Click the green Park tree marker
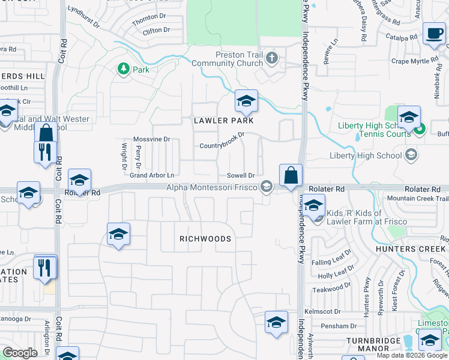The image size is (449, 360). (124, 70)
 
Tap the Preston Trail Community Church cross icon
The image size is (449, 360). (272, 58)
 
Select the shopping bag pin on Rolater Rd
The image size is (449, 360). (291, 176)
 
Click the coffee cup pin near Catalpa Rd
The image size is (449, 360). (433, 34)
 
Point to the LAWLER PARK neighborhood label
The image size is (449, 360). (224, 121)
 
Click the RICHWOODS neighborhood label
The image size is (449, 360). (205, 239)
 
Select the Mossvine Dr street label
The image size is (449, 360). (152, 139)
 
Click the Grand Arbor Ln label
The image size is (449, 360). (152, 175)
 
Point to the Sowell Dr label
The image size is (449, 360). (241, 175)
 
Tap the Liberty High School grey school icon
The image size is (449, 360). (411, 155)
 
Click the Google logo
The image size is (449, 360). (20, 353)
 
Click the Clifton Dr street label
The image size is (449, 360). (157, 30)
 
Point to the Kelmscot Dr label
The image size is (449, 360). (322, 312)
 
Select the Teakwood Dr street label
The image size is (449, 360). (333, 288)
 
